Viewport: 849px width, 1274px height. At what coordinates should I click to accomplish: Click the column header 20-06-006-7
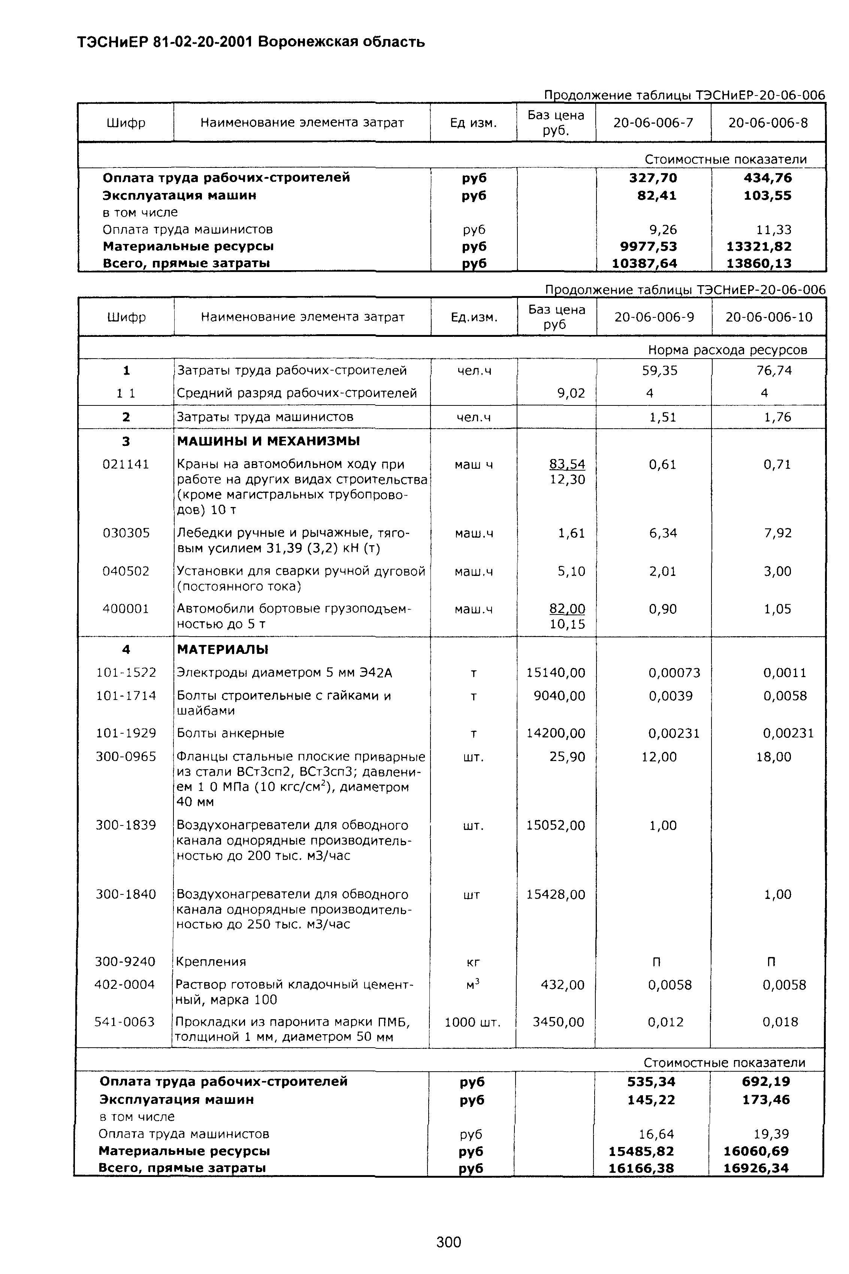(x=653, y=123)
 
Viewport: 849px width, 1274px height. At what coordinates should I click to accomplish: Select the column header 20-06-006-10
(x=769, y=317)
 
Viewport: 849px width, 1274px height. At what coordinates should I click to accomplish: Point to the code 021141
(x=126, y=464)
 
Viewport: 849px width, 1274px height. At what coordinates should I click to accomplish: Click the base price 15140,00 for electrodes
(x=556, y=673)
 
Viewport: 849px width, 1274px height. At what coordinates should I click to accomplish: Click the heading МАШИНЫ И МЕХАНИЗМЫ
(x=269, y=441)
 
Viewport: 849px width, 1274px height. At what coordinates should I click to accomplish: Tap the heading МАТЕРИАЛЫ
(x=223, y=649)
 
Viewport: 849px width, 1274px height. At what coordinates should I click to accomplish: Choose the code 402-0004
(x=124, y=984)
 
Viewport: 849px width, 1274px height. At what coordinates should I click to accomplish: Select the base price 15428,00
(x=556, y=894)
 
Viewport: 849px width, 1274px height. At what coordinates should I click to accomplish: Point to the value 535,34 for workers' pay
(x=652, y=1082)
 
